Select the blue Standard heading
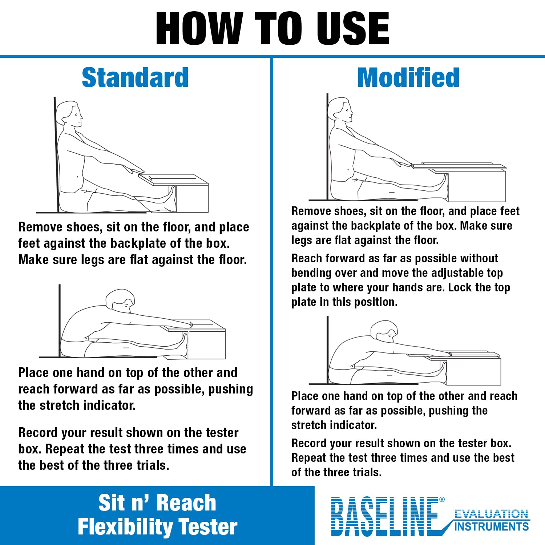tap(135, 78)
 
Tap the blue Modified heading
tap(408, 78)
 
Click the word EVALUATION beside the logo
tap(491, 514)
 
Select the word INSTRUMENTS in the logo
tap(491, 526)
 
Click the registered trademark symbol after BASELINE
tap(442, 500)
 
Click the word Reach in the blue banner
tap(186, 503)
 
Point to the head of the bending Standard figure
tap(120, 300)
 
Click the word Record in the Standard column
tap(38, 433)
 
